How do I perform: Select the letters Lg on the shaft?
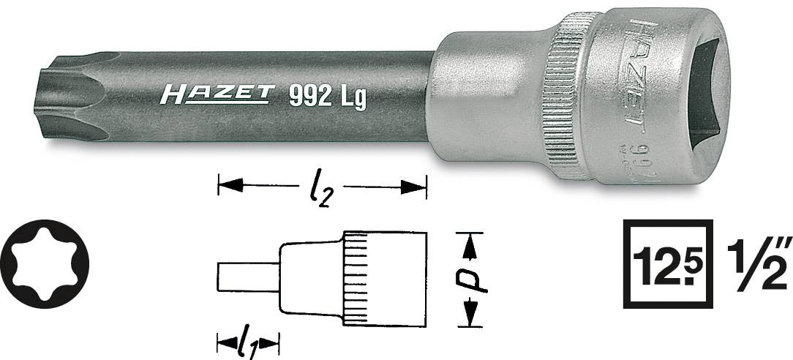click(x=351, y=97)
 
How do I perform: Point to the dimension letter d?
click(x=473, y=279)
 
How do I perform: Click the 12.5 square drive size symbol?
click(x=668, y=263)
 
